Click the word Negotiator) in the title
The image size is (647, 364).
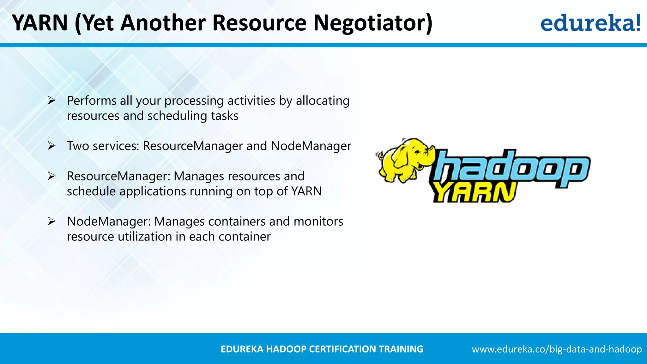(373, 23)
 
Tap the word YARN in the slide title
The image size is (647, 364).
(40, 23)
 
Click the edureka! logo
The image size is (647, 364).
(590, 23)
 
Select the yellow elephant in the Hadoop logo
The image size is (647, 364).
(404, 160)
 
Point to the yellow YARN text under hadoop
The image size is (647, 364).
(474, 192)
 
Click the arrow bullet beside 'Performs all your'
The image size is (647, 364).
(51, 101)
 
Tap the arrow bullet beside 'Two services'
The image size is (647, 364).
(51, 146)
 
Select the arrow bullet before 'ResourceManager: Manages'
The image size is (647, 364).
(51, 176)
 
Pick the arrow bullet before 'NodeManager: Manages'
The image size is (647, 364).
(51, 221)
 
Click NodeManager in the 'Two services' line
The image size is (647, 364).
(311, 146)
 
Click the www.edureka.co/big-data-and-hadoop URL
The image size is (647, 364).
(557, 349)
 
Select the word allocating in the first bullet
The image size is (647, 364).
(323, 101)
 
